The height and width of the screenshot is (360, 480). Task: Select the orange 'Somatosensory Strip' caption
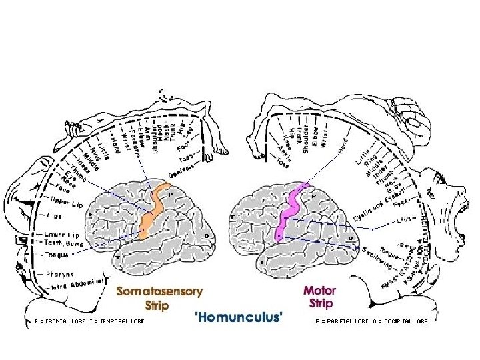(160, 298)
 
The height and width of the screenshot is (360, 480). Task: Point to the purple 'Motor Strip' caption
(320, 298)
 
